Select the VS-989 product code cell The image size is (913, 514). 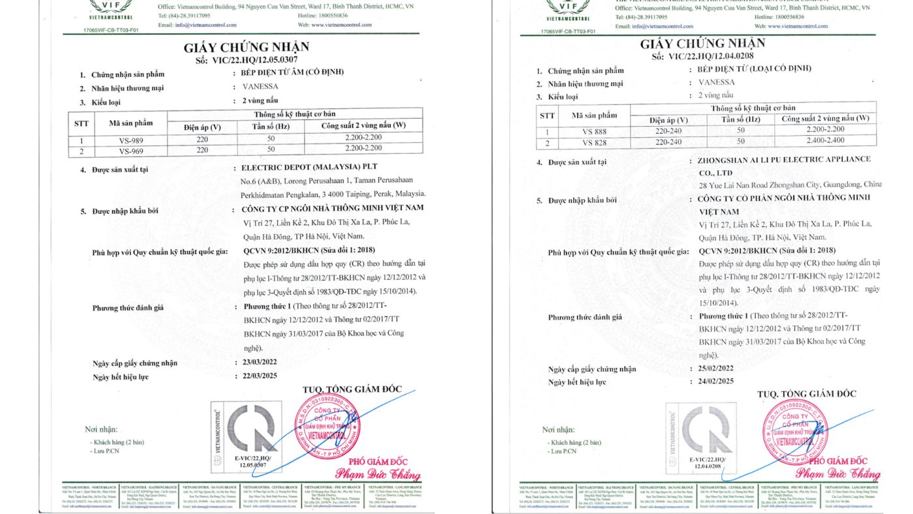130,140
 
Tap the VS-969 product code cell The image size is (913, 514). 130,150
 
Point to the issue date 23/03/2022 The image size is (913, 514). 259,363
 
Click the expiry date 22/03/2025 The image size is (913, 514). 259,376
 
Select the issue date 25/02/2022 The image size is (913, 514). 715,368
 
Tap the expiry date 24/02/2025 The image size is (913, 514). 715,381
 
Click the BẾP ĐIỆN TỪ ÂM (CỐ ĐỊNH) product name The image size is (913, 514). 288,72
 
